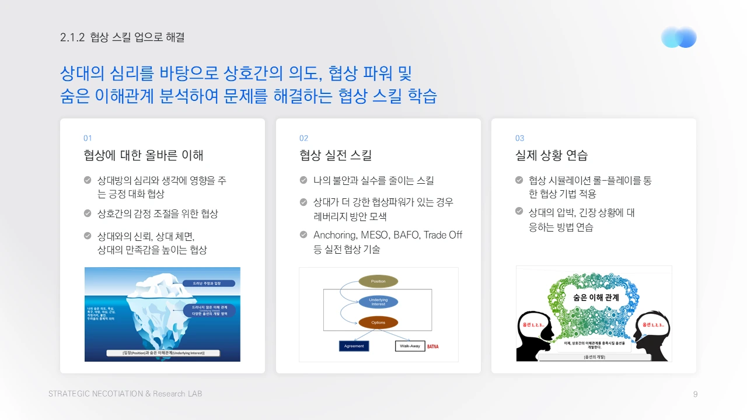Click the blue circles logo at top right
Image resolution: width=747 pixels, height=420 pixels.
pyautogui.click(x=679, y=37)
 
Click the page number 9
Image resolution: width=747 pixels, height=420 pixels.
pyautogui.click(x=695, y=394)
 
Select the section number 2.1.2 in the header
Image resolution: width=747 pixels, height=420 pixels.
pyautogui.click(x=73, y=37)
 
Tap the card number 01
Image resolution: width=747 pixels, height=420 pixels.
pyautogui.click(x=88, y=138)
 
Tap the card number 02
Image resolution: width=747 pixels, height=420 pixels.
pyautogui.click(x=303, y=138)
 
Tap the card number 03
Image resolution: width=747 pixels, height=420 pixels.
pyautogui.click(x=519, y=138)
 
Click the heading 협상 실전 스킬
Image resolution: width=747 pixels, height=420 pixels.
pyautogui.click(x=336, y=155)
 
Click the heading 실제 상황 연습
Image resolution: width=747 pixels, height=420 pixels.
pyautogui.click(x=551, y=155)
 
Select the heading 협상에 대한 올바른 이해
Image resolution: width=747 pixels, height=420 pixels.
pyautogui.click(x=144, y=155)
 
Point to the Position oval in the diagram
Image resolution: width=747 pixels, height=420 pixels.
pyautogui.click(x=378, y=281)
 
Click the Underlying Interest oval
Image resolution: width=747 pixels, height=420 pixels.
pyautogui.click(x=378, y=302)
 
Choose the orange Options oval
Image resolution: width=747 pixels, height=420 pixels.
pyautogui.click(x=378, y=323)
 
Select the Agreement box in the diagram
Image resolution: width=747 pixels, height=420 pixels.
pyautogui.click(x=354, y=346)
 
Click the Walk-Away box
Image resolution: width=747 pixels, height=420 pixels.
pyautogui.click(x=410, y=346)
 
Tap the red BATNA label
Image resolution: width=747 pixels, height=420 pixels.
pyautogui.click(x=433, y=346)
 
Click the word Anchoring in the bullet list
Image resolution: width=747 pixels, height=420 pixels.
pyautogui.click(x=335, y=235)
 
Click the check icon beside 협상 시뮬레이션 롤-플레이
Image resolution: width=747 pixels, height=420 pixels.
pyautogui.click(x=519, y=180)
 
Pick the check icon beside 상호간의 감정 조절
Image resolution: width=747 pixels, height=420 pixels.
pyautogui.click(x=88, y=213)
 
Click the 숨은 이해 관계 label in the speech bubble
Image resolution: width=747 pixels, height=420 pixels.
pyautogui.click(x=596, y=297)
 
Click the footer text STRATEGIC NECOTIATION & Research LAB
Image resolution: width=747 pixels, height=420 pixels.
pyautogui.click(x=125, y=394)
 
